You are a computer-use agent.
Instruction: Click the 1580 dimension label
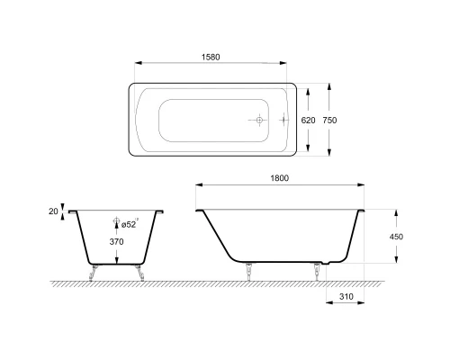click(211, 57)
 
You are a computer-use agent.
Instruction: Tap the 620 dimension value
click(308, 121)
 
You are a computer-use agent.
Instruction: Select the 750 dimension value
click(329, 121)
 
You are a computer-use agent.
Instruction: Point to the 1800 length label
click(280, 178)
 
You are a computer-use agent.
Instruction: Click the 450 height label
click(396, 237)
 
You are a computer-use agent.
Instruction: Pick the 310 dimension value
click(346, 297)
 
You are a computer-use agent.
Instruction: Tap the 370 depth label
click(116, 241)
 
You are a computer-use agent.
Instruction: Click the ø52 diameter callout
click(129, 224)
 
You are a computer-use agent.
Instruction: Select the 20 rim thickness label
click(53, 211)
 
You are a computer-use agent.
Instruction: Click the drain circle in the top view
click(259, 121)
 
